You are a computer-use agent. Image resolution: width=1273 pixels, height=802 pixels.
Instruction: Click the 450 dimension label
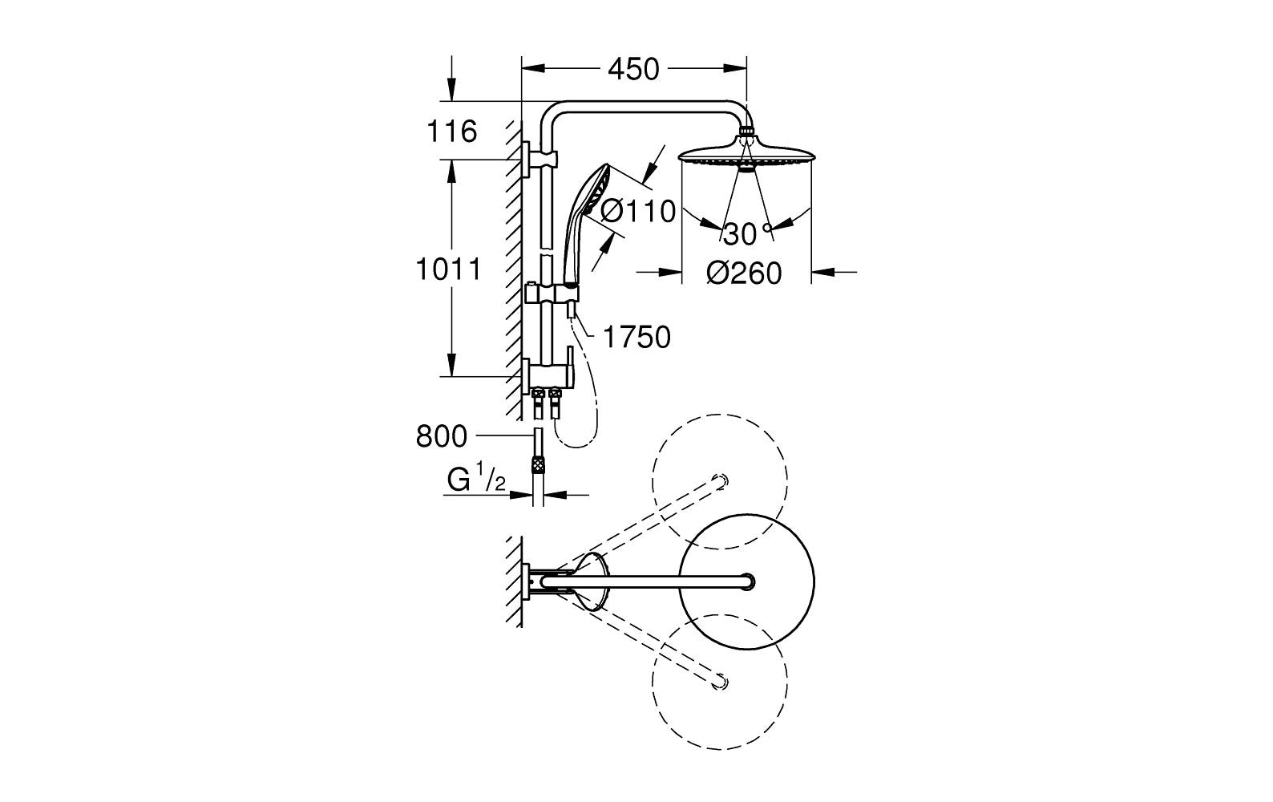(x=633, y=70)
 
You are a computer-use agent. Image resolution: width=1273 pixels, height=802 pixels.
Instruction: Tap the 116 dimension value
(x=452, y=131)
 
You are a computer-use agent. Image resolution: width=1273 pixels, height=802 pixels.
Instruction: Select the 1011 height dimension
(x=448, y=269)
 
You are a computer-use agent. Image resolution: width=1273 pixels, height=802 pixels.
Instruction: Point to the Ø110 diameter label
(x=638, y=211)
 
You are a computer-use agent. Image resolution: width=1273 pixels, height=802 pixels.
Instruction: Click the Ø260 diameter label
(x=743, y=273)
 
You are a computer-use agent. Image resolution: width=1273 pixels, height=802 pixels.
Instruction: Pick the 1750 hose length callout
(x=636, y=338)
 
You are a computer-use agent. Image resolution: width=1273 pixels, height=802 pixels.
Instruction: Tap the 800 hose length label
(x=441, y=437)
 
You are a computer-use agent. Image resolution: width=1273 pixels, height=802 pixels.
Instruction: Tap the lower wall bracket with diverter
(x=545, y=375)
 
